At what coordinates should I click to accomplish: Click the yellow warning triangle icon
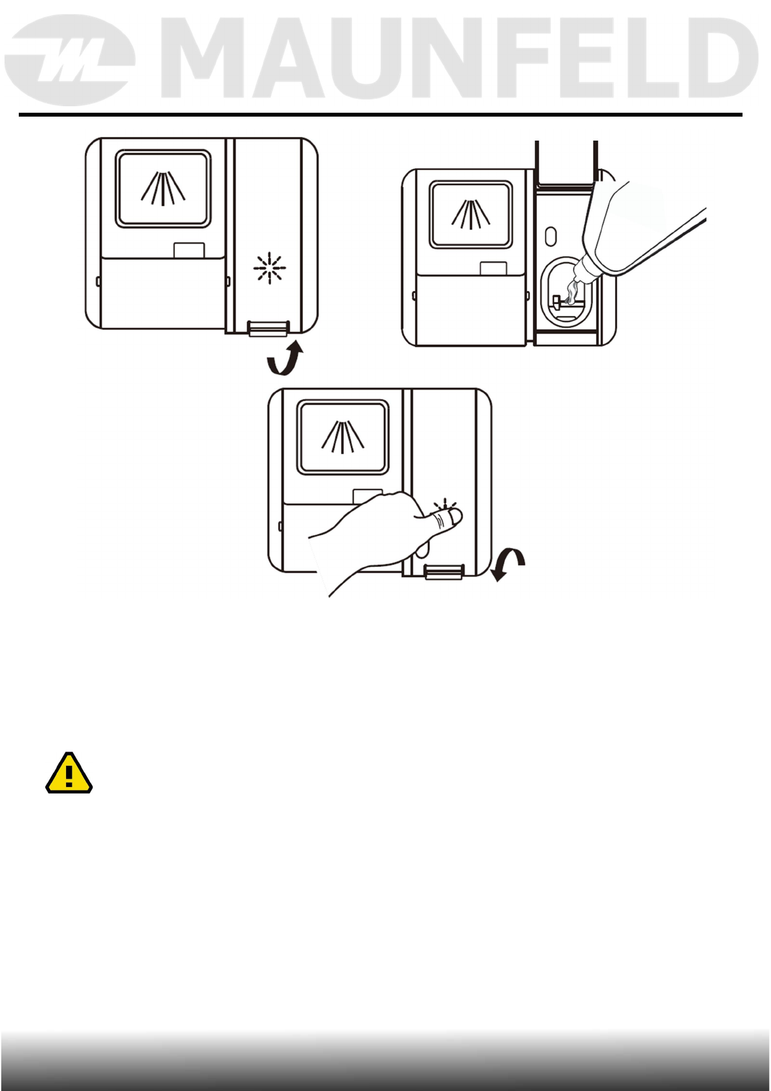(69, 773)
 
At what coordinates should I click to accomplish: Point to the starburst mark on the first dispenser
(269, 268)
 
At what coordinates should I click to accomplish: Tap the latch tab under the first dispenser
(268, 328)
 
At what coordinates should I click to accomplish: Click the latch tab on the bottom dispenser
(444, 571)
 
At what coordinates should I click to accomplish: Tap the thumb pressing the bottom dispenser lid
(446, 518)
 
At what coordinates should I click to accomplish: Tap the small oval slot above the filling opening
(550, 235)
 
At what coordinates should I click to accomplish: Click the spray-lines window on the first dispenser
(163, 189)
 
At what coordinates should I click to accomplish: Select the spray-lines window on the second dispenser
(471, 214)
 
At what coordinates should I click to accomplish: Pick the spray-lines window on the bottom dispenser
(342, 437)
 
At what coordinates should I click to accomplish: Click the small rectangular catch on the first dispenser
(189, 249)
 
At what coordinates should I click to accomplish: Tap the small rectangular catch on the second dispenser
(493, 268)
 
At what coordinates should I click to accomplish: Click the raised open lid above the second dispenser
(566, 161)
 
